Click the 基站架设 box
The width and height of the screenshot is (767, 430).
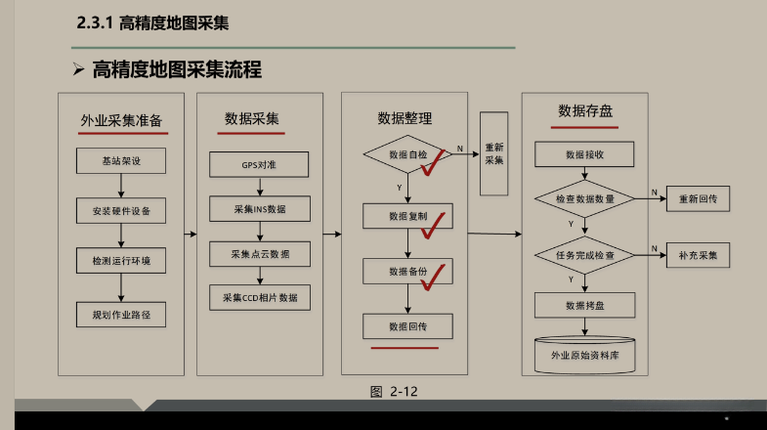point(121,161)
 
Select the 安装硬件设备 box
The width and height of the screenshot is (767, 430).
point(121,210)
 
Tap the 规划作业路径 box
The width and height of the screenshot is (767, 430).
point(121,314)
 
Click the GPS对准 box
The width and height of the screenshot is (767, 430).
point(259,164)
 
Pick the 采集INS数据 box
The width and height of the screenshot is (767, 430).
point(259,209)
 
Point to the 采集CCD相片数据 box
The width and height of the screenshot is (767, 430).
point(259,297)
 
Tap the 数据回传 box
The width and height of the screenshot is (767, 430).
point(407,326)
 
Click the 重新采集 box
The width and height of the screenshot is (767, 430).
point(494,153)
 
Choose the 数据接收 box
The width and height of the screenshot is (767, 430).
point(584,154)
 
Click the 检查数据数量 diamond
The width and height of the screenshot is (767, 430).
point(584,198)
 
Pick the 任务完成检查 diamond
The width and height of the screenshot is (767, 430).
point(584,255)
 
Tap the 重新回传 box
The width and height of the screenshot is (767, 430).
point(698,198)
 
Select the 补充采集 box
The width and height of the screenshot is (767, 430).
point(698,255)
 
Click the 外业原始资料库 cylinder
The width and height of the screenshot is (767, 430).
point(584,354)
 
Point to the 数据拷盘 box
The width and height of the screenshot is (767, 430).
point(584,305)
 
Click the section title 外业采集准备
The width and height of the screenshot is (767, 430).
point(121,122)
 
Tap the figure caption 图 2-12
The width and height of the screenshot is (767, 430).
point(394,392)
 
